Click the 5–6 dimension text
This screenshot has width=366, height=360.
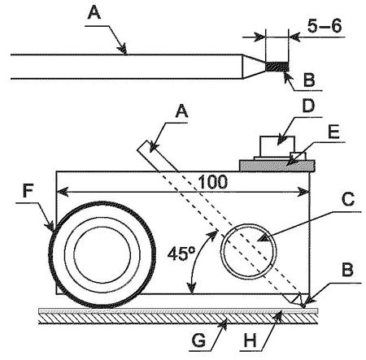325,26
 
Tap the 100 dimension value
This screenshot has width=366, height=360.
213,182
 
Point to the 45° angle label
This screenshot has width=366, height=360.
181,254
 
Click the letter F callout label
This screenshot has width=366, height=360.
28,190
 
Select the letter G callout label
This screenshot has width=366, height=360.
198,340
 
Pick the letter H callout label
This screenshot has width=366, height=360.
250,340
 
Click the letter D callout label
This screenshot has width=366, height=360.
308,106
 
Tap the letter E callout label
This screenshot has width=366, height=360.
333,132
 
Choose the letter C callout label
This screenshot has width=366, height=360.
348,199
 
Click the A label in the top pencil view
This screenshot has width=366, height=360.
94,12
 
